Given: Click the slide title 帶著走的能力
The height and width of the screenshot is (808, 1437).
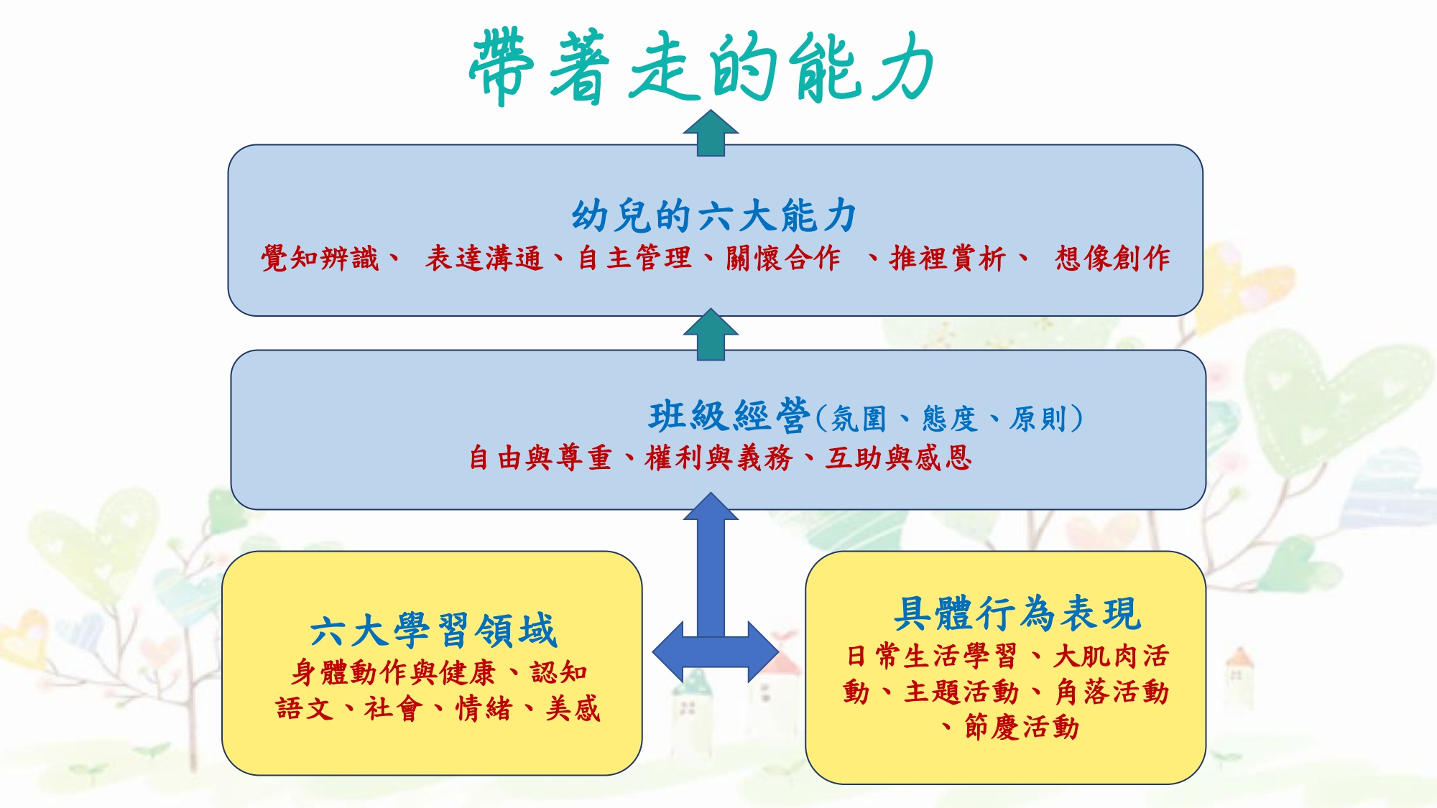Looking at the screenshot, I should [701, 68].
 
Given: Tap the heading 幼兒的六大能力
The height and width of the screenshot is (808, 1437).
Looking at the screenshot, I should [714, 215].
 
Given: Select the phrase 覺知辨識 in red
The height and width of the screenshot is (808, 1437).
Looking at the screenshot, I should [320, 258].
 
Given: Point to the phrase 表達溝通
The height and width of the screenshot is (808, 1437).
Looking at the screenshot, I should [484, 258].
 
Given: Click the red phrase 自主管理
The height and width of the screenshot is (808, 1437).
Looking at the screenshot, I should [635, 258].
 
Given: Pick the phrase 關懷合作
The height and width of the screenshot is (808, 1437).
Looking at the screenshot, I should [782, 258].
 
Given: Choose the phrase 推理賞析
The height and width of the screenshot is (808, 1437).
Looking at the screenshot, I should [947, 258].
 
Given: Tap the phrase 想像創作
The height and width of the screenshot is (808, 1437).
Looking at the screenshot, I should [1112, 258].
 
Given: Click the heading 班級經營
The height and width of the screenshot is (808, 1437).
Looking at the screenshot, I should [729, 416].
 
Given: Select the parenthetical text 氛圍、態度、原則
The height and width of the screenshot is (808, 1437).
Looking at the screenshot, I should [948, 419].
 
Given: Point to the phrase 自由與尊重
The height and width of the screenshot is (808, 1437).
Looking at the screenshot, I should [540, 458].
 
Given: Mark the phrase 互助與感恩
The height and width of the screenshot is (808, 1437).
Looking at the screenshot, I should [899, 458].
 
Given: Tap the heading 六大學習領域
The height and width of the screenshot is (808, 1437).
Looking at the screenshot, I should [433, 631].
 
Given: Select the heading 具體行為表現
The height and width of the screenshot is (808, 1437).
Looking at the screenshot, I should [1017, 613].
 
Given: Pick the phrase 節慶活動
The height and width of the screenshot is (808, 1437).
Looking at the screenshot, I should [1022, 727].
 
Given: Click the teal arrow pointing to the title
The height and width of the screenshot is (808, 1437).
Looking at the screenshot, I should [711, 133].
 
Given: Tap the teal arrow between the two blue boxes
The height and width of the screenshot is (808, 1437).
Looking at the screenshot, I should [711, 335].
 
